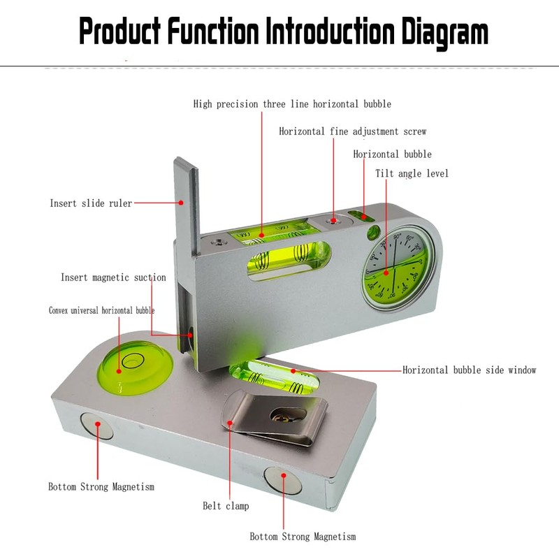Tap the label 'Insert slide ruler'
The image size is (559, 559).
pyautogui.click(x=91, y=203)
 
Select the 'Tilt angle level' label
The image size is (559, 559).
pyautogui.click(x=412, y=173)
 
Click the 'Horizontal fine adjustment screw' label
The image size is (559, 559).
pyautogui.click(x=352, y=131)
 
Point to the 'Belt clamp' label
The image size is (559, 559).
pyautogui.click(x=226, y=506)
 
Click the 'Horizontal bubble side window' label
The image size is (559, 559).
pyautogui.click(x=469, y=370)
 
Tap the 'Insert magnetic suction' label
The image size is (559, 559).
pyautogui.click(x=113, y=277)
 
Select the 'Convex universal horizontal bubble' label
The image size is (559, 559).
pyautogui.click(x=101, y=310)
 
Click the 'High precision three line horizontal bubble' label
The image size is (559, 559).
pyautogui.click(x=292, y=104)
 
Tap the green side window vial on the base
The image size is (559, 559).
pyautogui.click(x=272, y=377)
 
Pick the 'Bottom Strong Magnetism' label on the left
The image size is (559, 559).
pyautogui.click(x=101, y=486)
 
